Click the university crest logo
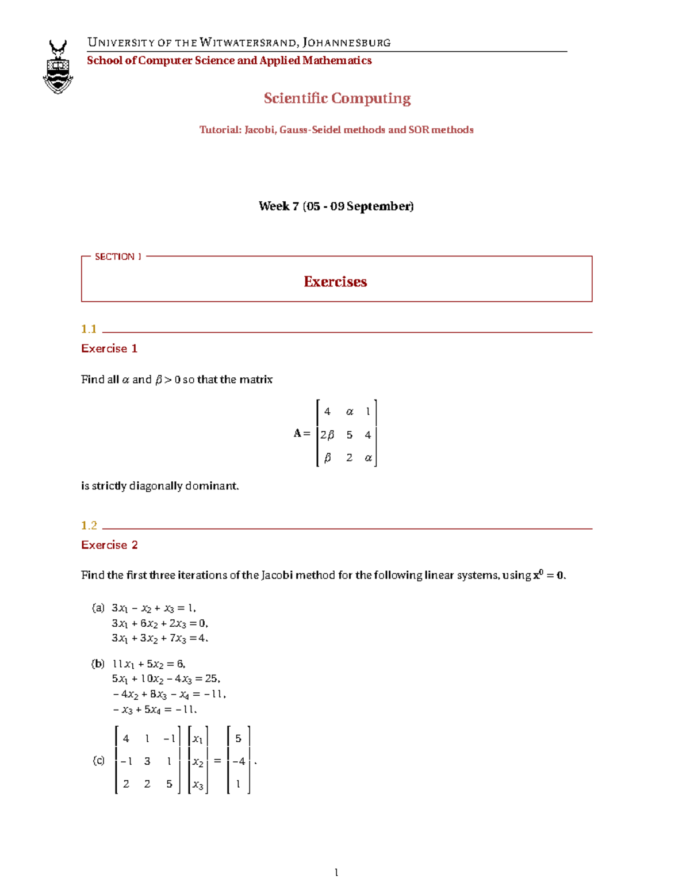[x=58, y=67]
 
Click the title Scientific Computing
[x=337, y=98]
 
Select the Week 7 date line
[x=336, y=206]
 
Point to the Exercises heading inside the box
[x=335, y=282]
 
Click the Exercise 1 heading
[x=109, y=348]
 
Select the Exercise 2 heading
[x=109, y=545]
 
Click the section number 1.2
[x=89, y=526]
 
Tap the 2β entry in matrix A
[x=327, y=435]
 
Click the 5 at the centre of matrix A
[x=349, y=435]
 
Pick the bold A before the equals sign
[x=297, y=433]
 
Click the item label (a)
[x=98, y=608]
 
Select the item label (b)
[x=98, y=664]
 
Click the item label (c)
[x=99, y=761]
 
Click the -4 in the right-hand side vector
[x=239, y=761]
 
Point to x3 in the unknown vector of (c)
[x=198, y=785]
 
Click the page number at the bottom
[x=336, y=873]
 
